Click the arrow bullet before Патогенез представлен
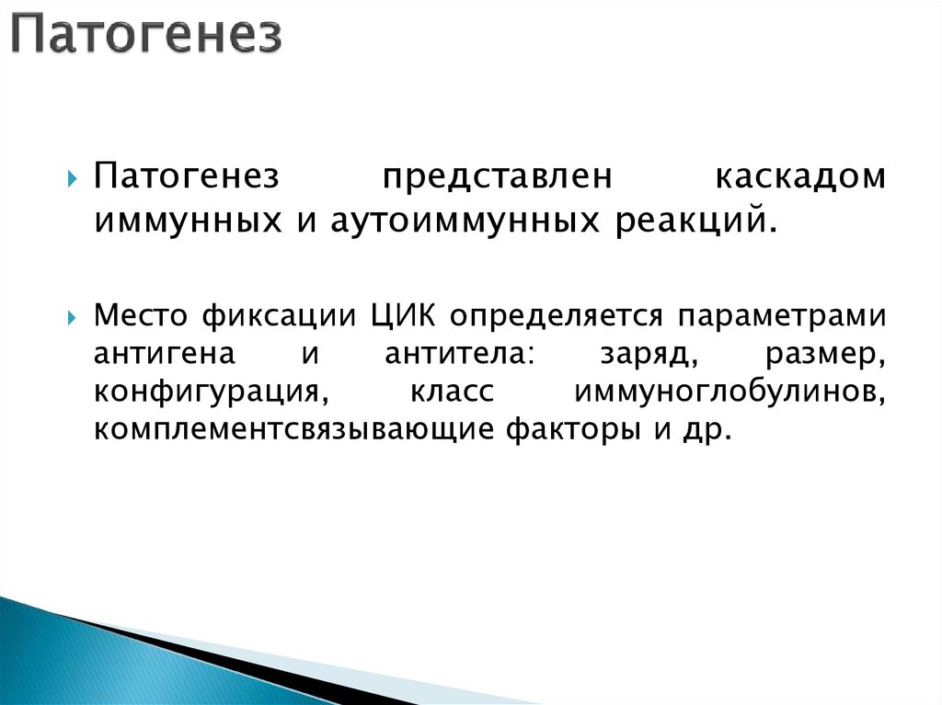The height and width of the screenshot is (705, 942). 74,178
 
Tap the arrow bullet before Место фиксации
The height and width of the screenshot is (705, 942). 74,317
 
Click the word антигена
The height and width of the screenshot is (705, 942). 165,355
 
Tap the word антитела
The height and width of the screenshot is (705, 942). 452,355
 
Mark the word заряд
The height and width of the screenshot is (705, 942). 636,355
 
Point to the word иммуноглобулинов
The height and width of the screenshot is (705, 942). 729,392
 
